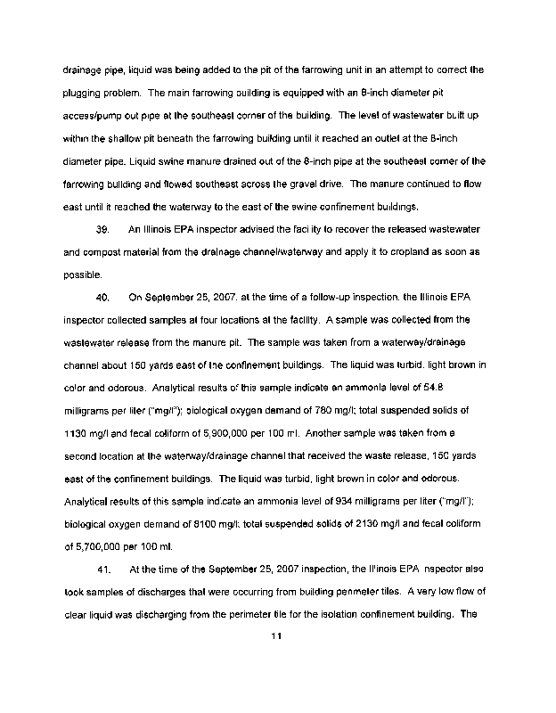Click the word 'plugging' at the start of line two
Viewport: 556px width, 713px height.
(85, 92)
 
